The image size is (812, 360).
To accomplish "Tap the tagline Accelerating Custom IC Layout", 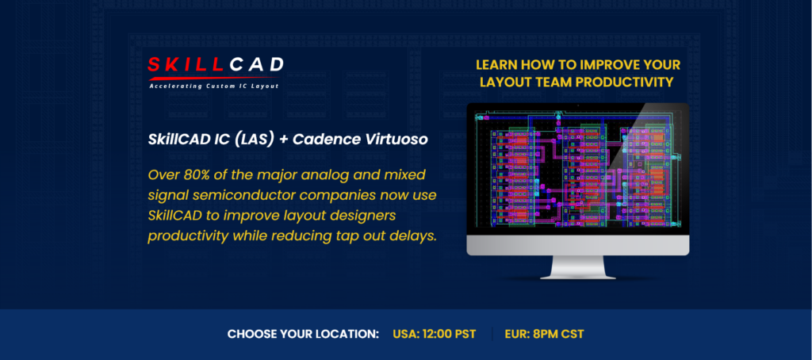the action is (214, 86).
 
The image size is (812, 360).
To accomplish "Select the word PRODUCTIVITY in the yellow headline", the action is (622, 82).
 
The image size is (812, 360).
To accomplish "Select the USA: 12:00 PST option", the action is (434, 334).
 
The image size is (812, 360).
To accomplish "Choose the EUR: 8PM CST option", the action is (544, 334).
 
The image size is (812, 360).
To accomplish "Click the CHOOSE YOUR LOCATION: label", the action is (303, 334).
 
